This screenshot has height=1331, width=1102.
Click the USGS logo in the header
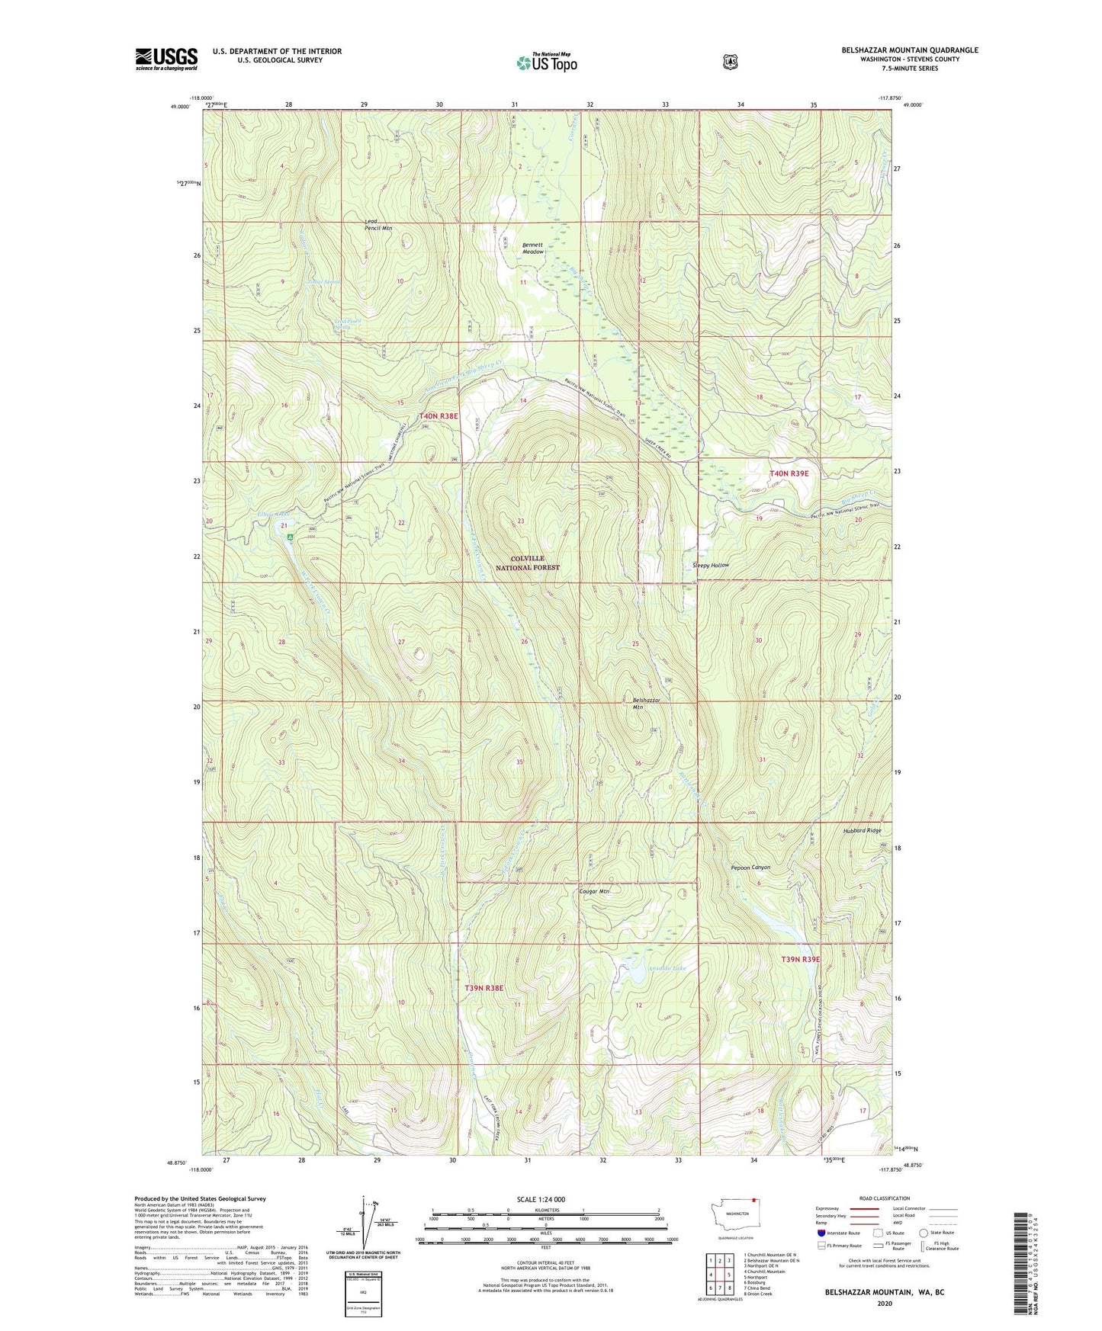tap(166, 59)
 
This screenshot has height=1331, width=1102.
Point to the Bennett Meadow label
tap(533, 248)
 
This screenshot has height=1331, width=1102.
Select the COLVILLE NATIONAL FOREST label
tap(528, 563)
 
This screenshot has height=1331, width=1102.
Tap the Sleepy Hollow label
tap(710, 565)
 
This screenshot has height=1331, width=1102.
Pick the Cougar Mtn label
tap(594, 890)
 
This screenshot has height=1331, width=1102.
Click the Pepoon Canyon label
tap(750, 867)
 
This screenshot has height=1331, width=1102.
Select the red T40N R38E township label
tap(439, 415)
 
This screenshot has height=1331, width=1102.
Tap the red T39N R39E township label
tap(799, 959)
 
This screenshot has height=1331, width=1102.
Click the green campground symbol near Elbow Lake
tap(291, 537)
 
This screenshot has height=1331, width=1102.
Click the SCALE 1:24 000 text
tap(541, 1199)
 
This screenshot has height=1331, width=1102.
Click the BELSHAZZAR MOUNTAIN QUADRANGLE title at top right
tap(909, 50)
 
